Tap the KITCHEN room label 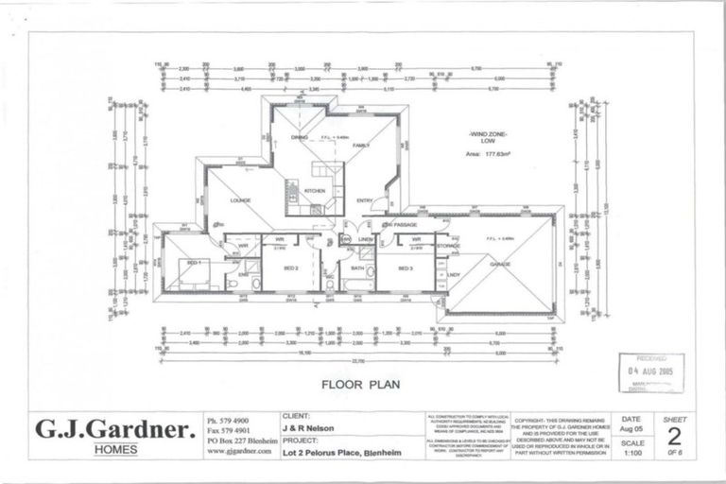(314, 190)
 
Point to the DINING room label (299, 138)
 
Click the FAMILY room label (361, 146)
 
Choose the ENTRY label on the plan (364, 199)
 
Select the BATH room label (356, 268)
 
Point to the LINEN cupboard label (366, 239)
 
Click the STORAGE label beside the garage (448, 246)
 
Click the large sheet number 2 (674, 436)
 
